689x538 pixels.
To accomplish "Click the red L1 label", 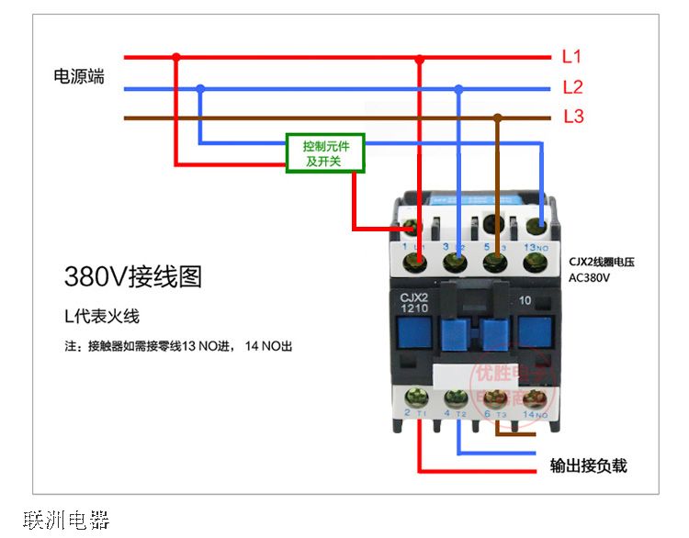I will (571, 57).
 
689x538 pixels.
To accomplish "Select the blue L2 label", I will (572, 88).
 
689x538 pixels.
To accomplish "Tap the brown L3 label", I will (572, 118).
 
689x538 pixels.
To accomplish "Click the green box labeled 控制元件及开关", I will (325, 153).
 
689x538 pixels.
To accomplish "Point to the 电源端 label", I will (79, 77).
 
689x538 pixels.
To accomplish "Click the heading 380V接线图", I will (132, 276).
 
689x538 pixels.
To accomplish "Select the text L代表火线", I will (101, 317).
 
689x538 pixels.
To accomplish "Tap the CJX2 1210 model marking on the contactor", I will (414, 302).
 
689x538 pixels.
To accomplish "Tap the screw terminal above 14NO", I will (533, 399).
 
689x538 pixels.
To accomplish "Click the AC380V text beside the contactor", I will (590, 277).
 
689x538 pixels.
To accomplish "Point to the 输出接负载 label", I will (588, 465).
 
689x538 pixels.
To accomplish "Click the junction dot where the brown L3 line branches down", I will (497, 118).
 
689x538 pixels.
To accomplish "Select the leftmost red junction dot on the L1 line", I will (176, 57).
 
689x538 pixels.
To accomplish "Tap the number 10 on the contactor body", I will (526, 300).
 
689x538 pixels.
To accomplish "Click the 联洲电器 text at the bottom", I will (66, 521).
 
